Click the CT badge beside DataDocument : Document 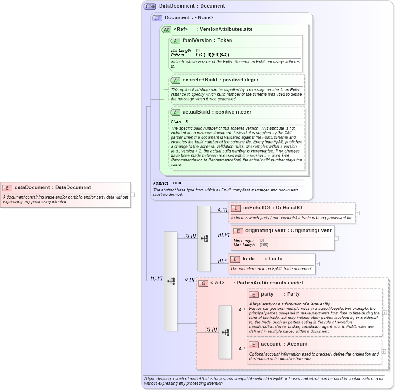(150, 6)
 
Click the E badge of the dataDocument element (7, 188)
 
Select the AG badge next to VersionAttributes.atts (166, 30)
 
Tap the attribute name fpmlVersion (197, 40)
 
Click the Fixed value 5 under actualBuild (186, 122)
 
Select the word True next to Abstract (176, 183)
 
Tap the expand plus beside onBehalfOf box (357, 212)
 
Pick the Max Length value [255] (264, 245)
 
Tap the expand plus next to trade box (318, 264)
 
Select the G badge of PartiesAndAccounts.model (203, 283)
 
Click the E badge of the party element (253, 294)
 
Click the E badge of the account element (253, 344)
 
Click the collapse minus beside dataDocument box (133, 195)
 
